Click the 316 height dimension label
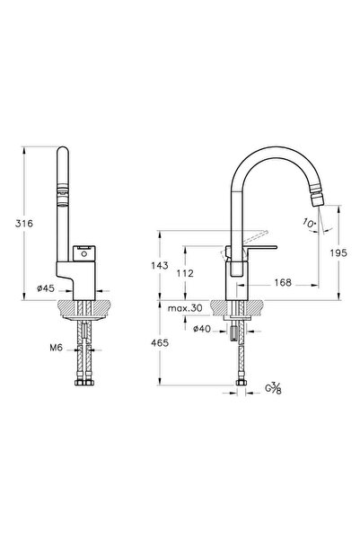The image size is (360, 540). click(24, 224)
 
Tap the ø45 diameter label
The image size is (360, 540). click(46, 288)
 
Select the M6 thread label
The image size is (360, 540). click(56, 348)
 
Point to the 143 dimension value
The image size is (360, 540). click(160, 266)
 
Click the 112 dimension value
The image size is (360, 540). click(185, 273)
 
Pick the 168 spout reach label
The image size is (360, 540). click(283, 283)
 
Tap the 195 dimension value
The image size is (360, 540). click(338, 253)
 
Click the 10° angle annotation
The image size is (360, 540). click(310, 223)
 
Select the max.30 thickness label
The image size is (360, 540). click(185, 308)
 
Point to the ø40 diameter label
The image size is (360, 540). click(202, 329)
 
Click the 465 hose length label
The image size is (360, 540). click(160, 343)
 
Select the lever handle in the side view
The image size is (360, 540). click(260, 248)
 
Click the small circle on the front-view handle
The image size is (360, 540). click(83, 255)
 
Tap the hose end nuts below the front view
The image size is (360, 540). click(84, 383)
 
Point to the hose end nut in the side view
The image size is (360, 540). click(241, 383)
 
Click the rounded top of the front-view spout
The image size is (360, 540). click(63, 151)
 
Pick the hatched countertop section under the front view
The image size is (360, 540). click(84, 308)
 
